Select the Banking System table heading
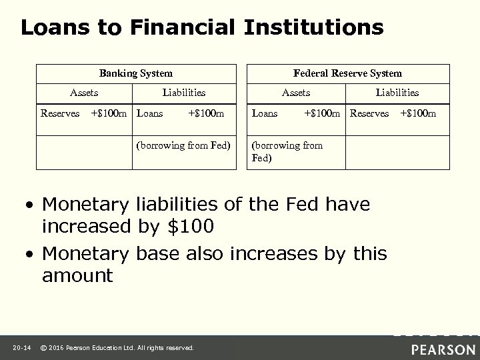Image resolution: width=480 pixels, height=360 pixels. tap(136, 73)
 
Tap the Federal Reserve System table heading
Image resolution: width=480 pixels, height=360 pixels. tap(347, 73)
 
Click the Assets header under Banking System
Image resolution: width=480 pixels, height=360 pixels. tap(85, 93)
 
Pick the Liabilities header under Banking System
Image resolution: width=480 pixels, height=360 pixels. tap(184, 93)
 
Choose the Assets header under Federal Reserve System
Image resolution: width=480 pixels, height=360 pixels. tap(296, 93)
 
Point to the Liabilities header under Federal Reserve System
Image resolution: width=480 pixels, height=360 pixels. tap(397, 93)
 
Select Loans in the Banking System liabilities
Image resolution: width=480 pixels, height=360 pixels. tap(149, 113)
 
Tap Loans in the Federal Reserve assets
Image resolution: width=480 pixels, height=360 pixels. tap(265, 113)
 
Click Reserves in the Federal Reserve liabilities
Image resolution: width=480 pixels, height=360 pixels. tap(370, 113)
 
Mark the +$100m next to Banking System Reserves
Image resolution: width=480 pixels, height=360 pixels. tap(110, 113)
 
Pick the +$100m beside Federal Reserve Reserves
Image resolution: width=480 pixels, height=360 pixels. tap(418, 113)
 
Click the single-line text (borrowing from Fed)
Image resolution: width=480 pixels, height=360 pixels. tap(183, 145)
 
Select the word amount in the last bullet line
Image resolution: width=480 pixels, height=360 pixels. tap(77, 275)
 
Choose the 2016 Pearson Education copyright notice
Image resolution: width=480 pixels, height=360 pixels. tap(117, 347)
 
